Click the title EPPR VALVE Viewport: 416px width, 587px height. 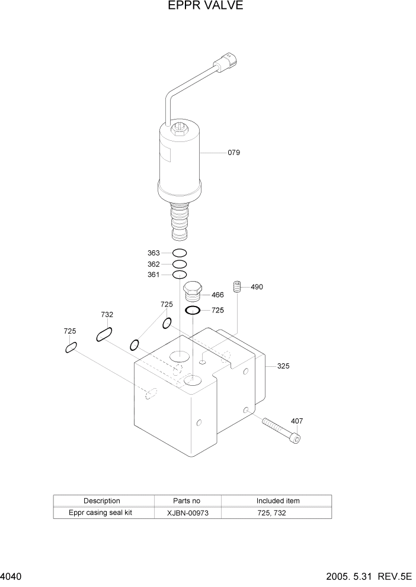208,7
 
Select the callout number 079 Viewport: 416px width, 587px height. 233,153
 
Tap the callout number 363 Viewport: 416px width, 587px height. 153,253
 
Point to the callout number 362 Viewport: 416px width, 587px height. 153,265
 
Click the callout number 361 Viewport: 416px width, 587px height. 153,275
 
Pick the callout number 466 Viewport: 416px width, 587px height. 217,295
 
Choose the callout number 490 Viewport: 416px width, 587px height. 257,287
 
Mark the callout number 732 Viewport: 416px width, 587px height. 107,315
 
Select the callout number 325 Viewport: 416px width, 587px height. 283,366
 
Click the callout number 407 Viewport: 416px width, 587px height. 297,421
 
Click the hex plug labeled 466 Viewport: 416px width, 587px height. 193,292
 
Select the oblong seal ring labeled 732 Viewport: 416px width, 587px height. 104,335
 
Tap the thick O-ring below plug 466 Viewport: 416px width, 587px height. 193,310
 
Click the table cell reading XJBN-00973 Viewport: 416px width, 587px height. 187,513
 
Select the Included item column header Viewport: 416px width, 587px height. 277,501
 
